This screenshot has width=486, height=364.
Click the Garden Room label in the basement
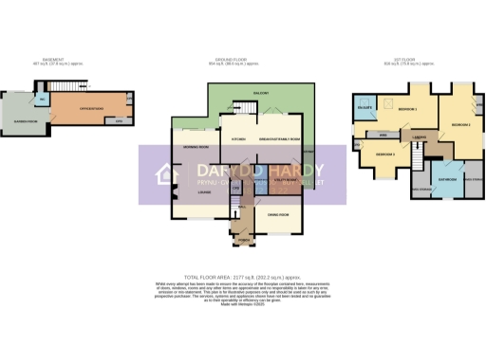(x=26, y=120)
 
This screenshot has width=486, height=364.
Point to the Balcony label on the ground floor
(x=261, y=93)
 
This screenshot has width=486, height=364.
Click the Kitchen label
(x=239, y=139)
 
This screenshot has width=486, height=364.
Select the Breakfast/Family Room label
(x=282, y=139)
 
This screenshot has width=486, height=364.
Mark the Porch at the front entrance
(x=243, y=239)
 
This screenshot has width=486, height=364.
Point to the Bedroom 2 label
(x=461, y=124)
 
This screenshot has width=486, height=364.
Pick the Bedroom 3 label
(x=384, y=154)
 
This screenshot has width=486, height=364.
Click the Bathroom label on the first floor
(x=447, y=178)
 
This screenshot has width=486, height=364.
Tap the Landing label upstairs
(x=419, y=137)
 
